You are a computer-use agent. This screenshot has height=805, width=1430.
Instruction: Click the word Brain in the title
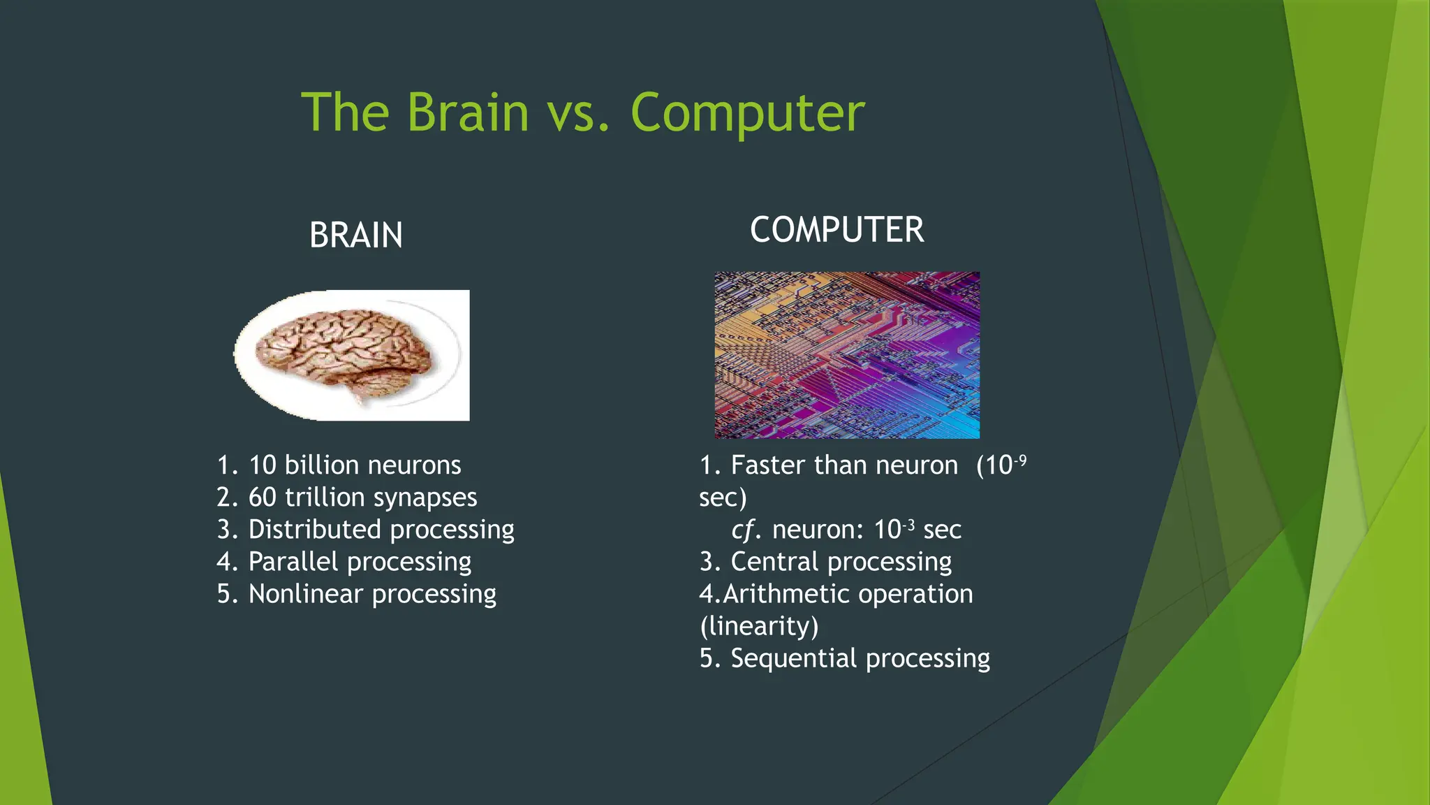(468, 113)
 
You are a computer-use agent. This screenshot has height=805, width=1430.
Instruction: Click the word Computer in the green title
(747, 114)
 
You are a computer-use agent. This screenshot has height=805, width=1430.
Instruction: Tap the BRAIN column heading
(356, 235)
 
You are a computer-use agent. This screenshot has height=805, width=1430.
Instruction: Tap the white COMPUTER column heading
(836, 230)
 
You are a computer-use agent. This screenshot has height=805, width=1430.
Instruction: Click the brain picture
(351, 355)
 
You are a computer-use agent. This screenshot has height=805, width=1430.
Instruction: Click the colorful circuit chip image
(846, 355)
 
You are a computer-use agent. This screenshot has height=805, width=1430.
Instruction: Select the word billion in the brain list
(322, 465)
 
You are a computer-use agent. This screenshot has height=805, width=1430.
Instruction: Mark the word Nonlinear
(306, 594)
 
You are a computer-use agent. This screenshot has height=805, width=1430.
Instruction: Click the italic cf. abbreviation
(746, 530)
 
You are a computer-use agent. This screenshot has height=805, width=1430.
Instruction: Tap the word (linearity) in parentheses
(758, 626)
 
